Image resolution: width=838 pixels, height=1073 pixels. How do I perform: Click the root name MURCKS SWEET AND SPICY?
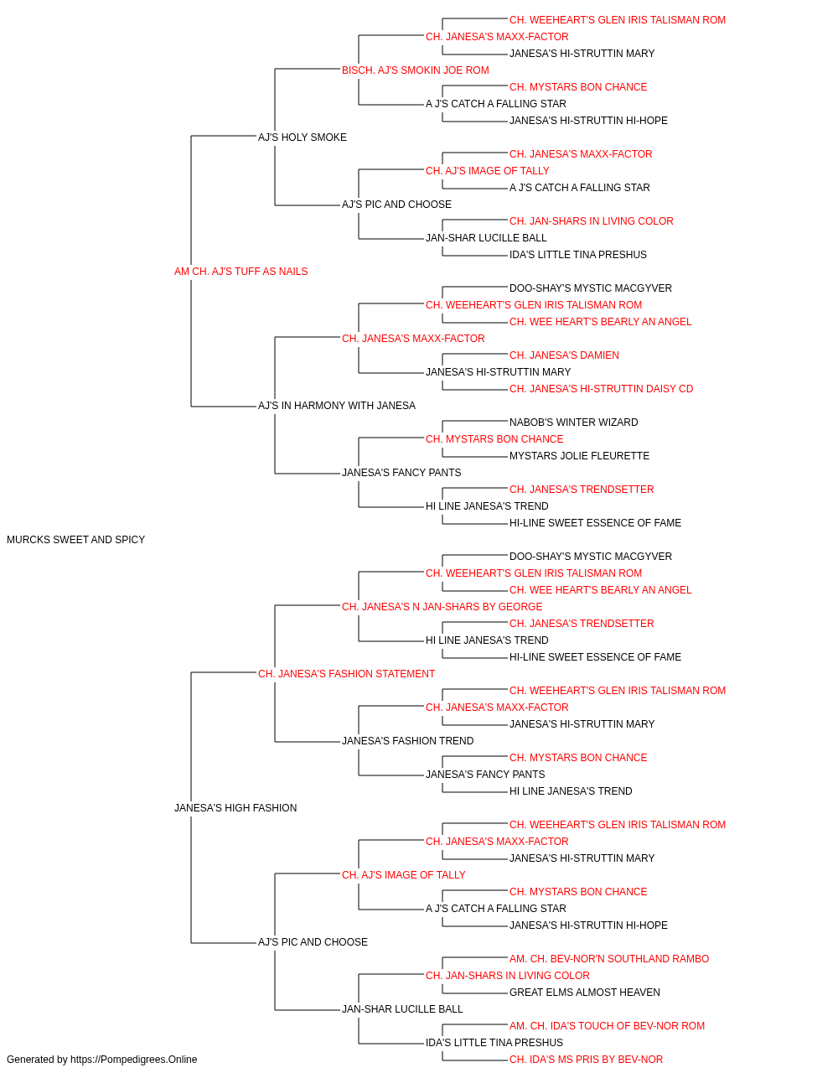click(75, 540)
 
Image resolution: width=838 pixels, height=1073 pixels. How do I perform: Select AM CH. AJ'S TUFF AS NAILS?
click(241, 272)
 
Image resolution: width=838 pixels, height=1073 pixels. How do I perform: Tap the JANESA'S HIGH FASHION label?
click(235, 808)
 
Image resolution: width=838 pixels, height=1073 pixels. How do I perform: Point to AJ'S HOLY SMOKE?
click(302, 137)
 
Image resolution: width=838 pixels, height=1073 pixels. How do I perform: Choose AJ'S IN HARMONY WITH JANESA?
click(337, 406)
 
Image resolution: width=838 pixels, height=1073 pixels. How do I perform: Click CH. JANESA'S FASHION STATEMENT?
click(346, 674)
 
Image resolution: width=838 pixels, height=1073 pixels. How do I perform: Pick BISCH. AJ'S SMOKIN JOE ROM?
click(416, 70)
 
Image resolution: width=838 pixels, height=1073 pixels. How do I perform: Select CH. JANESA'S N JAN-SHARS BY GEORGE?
click(442, 607)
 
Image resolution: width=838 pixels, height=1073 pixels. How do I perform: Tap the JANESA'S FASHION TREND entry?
click(407, 741)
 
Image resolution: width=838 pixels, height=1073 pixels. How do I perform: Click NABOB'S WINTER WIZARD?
click(573, 422)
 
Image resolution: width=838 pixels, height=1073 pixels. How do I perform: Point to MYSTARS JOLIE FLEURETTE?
click(579, 456)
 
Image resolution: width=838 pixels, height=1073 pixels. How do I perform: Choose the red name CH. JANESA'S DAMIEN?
click(564, 355)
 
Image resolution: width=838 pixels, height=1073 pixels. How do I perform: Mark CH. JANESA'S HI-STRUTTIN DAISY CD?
click(601, 389)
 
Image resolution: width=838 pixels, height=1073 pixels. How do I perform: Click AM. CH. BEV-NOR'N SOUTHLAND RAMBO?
click(609, 959)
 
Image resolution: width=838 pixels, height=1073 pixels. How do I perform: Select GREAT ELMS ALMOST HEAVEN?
click(584, 993)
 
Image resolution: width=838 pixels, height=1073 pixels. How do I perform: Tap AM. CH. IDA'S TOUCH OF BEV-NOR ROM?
click(607, 1026)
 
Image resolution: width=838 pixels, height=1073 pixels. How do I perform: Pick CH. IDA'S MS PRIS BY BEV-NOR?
click(586, 1060)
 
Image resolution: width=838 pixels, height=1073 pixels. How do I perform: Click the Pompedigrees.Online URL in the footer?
click(133, 1060)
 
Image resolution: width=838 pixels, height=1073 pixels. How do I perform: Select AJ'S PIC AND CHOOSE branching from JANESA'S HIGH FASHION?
click(313, 942)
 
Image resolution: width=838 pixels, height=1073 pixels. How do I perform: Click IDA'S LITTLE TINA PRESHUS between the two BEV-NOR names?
click(494, 1043)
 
